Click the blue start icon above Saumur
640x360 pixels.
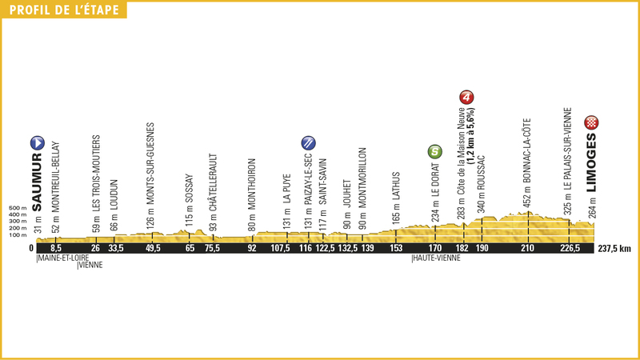[x=36, y=142]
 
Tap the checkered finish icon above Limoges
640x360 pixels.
[x=592, y=122]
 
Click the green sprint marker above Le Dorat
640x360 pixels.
[x=434, y=150]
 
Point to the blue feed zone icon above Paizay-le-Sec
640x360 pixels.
[x=308, y=142]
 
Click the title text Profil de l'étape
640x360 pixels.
[x=64, y=10]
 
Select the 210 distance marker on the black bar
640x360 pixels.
[x=527, y=249]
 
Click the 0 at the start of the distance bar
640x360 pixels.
[x=31, y=249]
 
